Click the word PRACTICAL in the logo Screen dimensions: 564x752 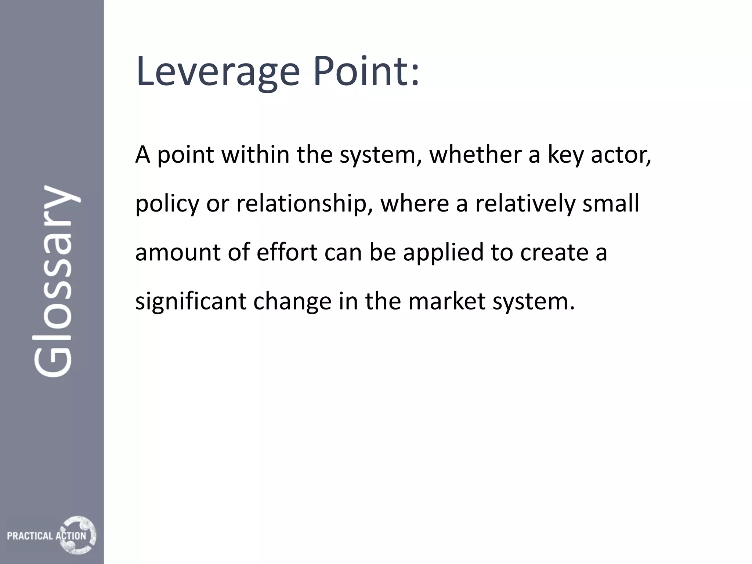(30, 536)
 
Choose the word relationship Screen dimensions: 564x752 (301, 204)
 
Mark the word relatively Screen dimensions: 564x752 (525, 204)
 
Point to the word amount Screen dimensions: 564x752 (178, 253)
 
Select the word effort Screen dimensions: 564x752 (287, 252)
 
